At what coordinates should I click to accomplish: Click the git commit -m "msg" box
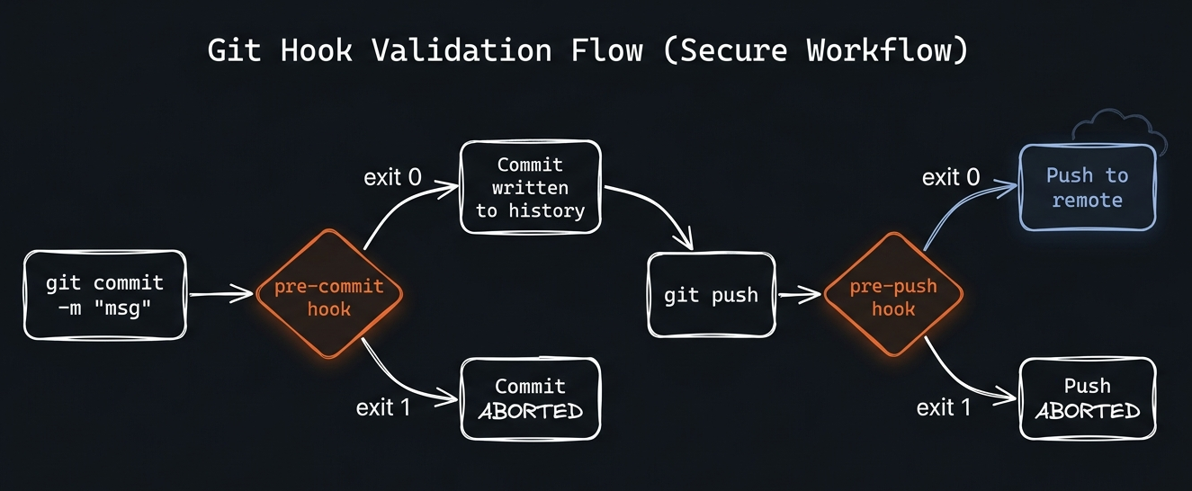(105, 295)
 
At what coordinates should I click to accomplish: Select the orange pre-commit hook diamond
(328, 297)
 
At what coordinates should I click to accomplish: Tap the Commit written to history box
(530, 187)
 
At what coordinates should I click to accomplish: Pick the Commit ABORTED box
(530, 398)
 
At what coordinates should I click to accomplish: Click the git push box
(711, 295)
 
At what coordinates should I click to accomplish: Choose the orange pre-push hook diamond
(893, 297)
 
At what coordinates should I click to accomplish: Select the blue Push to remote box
(1087, 187)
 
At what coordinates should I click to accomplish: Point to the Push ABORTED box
(1087, 398)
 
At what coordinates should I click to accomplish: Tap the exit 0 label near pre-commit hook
(392, 177)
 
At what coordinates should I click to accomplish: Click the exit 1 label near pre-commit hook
(383, 407)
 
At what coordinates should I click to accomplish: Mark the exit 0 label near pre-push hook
(951, 177)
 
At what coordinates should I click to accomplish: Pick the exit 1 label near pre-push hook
(944, 407)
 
